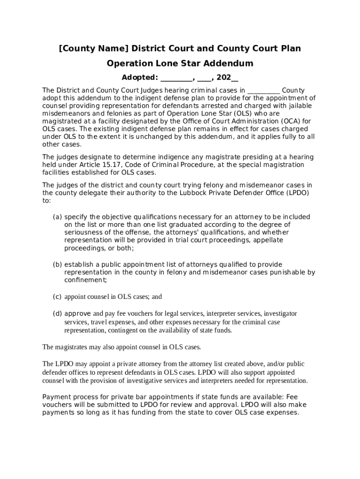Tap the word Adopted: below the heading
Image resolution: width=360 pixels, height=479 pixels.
139,78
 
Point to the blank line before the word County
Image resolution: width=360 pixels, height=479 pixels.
264,90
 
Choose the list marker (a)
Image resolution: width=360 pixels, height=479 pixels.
57,217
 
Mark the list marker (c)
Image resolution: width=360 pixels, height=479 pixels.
57,297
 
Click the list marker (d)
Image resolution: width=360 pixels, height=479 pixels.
57,313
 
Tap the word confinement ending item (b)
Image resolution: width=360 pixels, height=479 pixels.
85,280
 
